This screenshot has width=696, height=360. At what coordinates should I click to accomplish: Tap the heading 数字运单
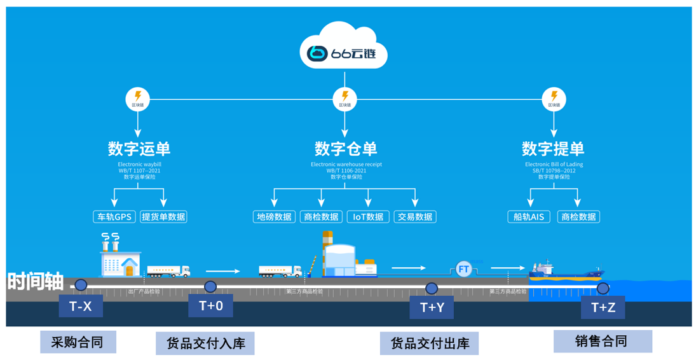(139, 149)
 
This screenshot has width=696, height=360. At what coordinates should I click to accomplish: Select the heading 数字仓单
(346, 149)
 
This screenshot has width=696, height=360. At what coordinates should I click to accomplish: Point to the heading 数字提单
(553, 149)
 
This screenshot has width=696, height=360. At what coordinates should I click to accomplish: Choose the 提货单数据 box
(164, 217)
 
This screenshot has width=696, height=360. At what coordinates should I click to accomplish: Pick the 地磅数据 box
(275, 217)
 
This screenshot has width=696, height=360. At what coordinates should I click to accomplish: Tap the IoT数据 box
(368, 217)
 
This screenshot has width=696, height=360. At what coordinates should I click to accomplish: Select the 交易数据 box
(416, 217)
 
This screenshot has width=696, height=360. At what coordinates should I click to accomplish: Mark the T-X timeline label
(81, 307)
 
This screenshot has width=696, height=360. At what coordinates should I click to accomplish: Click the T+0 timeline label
(210, 306)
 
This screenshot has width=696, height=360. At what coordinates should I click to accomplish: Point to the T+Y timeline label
(432, 308)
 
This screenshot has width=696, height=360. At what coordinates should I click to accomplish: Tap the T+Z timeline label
(603, 308)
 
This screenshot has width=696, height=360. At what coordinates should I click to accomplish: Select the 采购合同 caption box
(78, 342)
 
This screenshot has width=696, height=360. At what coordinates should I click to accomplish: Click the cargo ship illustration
(566, 272)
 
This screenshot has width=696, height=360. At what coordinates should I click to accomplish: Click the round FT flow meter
(463, 269)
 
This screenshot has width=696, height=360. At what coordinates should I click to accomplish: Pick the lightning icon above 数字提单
(553, 99)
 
